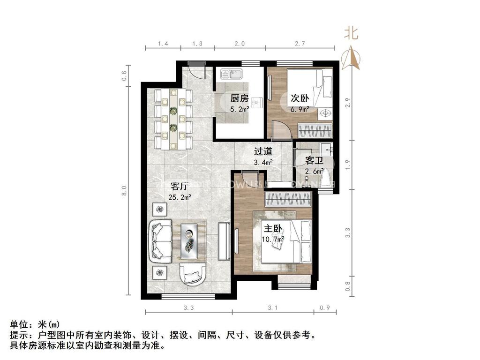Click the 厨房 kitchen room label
239,98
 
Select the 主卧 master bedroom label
273,229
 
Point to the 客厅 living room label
181,186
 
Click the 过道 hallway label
263,151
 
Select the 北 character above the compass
352,33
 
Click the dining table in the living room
173,119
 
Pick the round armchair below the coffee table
192,274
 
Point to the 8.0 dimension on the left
125,191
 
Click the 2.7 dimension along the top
300,44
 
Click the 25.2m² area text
181,197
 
